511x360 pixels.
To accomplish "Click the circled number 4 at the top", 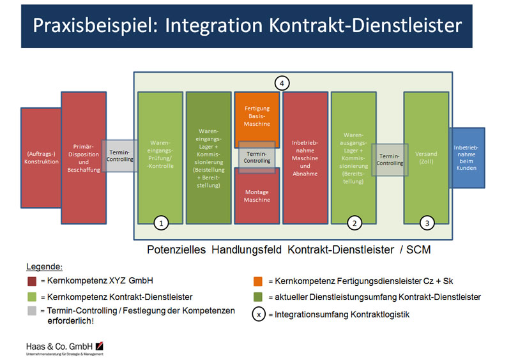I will pyautogui.click(x=282, y=82).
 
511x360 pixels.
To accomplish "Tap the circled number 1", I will pyautogui.click(x=162, y=223).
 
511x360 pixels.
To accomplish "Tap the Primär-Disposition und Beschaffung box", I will pyautogui.click(x=83, y=157).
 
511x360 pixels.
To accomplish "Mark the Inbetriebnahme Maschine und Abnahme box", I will pyautogui.click(x=305, y=157).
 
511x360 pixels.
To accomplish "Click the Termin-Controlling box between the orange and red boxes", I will pyautogui.click(x=257, y=157).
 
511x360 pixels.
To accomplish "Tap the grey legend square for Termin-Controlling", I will pyautogui.click(x=31, y=311).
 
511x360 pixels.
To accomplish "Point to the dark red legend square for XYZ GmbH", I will pyautogui.click(x=31, y=280).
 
